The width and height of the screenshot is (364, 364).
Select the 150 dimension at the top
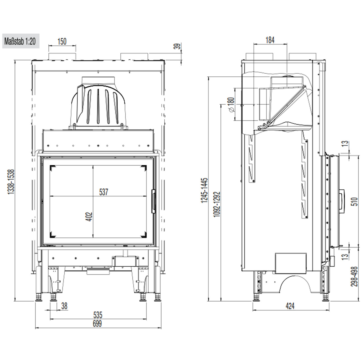click(x=62, y=41)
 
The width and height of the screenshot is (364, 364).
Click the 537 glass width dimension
click(x=104, y=192)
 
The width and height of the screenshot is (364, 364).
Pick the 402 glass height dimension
click(x=89, y=216)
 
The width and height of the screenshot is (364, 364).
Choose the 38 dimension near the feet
click(x=64, y=306)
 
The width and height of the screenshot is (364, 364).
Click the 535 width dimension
click(x=98, y=315)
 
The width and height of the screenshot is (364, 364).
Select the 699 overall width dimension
click(x=97, y=324)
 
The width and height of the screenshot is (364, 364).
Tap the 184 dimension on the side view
click(x=270, y=40)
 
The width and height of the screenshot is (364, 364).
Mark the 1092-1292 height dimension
click(x=217, y=204)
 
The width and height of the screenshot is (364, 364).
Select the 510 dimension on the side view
click(x=354, y=202)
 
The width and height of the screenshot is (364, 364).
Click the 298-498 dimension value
click(x=354, y=277)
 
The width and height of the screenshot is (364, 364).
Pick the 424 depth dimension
click(x=290, y=306)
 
